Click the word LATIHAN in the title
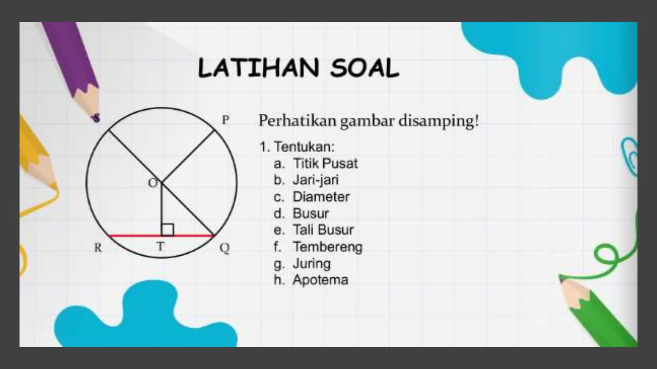pos(259,68)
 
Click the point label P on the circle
pos(226,120)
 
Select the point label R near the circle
pos(98,248)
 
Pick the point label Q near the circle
pos(225,248)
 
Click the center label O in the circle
pos(153,183)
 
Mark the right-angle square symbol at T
pos(167,230)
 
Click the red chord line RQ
pos(135,236)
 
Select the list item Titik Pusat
pos(325,163)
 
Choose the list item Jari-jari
pos(316,180)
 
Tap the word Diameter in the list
pos(321,197)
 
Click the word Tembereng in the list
pos(327,247)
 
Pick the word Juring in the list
pos(311,264)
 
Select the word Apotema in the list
pos(320,280)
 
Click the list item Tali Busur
pos(323,230)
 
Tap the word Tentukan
pos(304,147)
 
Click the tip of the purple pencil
pos(96,119)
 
